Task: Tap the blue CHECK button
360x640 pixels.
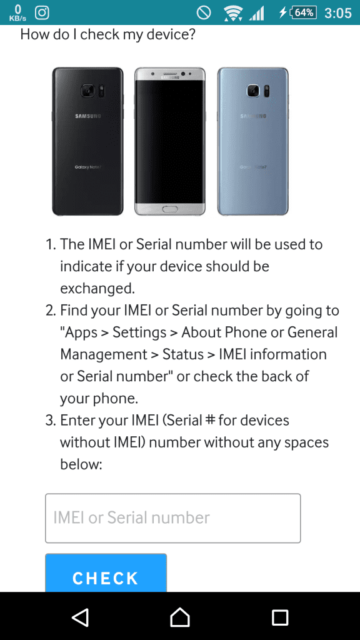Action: pos(106,572)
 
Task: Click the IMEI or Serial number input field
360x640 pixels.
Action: pos(172,518)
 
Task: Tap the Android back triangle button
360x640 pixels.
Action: pos(80,617)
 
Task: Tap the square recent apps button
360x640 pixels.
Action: pos(280,617)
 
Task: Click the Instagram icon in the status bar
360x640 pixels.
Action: pos(42,12)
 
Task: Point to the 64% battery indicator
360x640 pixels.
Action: pos(302,12)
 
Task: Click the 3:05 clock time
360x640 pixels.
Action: pos(338,13)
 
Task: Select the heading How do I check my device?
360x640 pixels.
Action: pos(107,34)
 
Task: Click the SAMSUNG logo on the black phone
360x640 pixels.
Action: pos(87,116)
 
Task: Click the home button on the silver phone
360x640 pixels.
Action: pos(170,209)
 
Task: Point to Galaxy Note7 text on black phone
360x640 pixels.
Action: pos(87,167)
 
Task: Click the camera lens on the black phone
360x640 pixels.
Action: pos(87,91)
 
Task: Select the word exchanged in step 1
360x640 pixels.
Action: pos(97,289)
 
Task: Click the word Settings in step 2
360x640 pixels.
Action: pos(139,333)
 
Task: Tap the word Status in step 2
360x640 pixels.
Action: pos(183,354)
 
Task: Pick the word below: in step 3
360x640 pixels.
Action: pos(81,464)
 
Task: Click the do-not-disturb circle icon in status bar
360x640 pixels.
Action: pos(203,13)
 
